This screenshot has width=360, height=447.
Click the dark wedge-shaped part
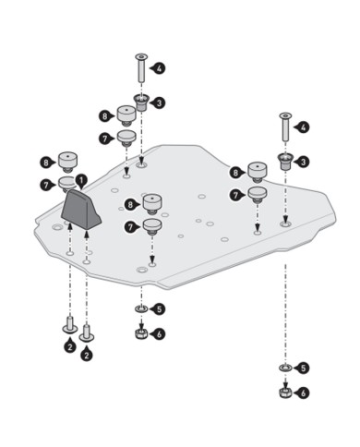point(81,210)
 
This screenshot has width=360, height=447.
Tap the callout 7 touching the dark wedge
point(47,185)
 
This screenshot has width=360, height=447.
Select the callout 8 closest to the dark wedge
point(47,163)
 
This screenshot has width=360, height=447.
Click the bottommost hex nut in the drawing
point(285,393)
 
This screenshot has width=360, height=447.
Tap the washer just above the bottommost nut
point(285,368)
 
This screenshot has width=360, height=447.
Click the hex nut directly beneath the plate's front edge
point(141,333)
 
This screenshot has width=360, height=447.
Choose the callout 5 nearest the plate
point(158,308)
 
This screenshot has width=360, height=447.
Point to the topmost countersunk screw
point(141,68)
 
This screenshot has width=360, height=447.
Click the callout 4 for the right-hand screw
point(302,127)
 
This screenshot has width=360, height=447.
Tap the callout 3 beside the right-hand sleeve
point(302,162)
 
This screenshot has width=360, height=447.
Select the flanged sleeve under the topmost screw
point(141,103)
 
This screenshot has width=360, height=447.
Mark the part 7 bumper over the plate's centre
point(152,226)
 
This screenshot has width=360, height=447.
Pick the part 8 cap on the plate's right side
point(258,172)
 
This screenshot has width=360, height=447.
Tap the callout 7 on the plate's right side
point(236,195)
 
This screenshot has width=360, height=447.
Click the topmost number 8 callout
point(106,116)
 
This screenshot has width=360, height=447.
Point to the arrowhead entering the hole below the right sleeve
point(285,220)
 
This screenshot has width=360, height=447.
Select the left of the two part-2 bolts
point(70,325)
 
